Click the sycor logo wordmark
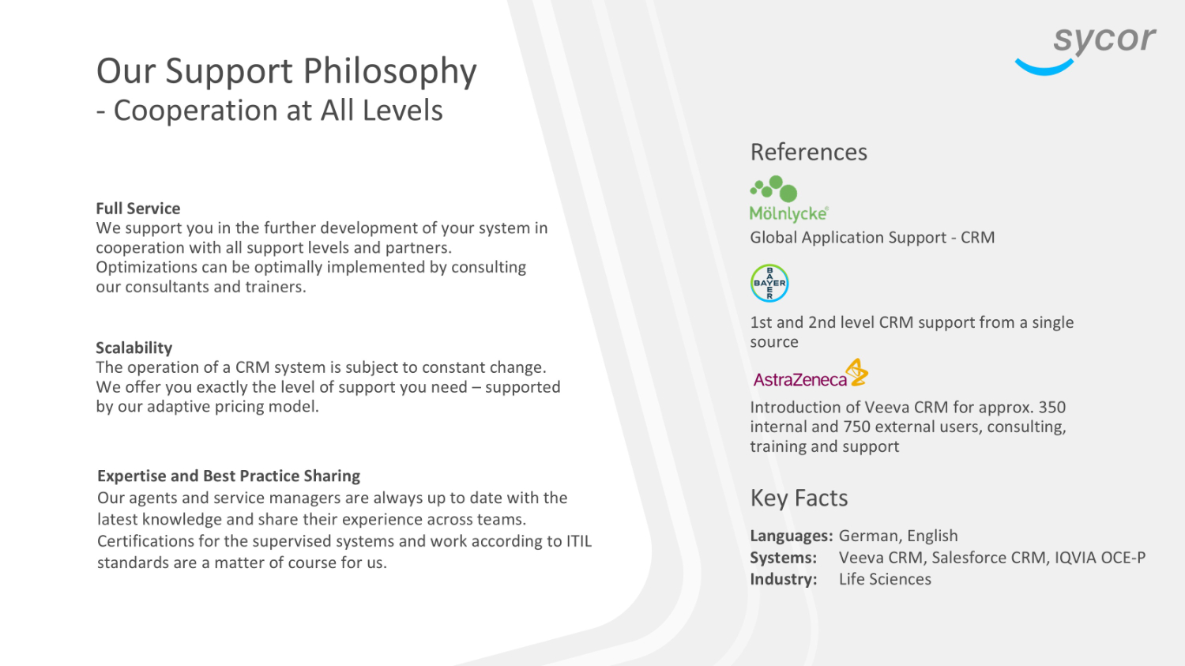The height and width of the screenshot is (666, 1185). (1104, 40)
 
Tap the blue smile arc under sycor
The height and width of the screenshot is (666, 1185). (1044, 69)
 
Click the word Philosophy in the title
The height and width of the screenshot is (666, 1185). (390, 72)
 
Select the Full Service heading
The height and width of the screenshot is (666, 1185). (138, 209)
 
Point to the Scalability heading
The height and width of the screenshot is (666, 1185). (134, 348)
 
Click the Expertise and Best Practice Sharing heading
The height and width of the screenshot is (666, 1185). (228, 476)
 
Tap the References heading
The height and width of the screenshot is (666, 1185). (808, 152)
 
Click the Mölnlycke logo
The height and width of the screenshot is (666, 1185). (788, 198)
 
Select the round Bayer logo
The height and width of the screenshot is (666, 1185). (769, 283)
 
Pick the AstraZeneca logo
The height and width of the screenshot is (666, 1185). (811, 374)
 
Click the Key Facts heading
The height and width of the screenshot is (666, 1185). (799, 498)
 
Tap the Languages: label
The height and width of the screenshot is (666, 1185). (792, 536)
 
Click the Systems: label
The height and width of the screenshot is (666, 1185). (783, 558)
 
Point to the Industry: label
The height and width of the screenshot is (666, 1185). (784, 579)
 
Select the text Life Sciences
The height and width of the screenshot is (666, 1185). (885, 579)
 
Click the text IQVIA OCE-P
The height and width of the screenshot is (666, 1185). (1100, 558)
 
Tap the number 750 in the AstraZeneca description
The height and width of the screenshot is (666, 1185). (856, 427)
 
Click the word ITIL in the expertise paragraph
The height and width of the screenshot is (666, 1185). (579, 541)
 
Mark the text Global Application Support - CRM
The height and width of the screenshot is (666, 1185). (872, 238)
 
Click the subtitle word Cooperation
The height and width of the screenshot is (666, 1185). (196, 111)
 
